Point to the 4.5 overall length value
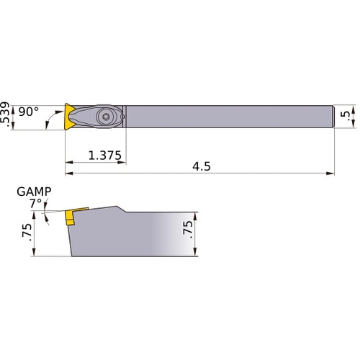(x=201, y=166)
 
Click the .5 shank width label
(x=349, y=115)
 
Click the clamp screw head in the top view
(x=107, y=115)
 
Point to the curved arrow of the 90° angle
(x=50, y=117)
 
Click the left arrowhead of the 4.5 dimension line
(x=69, y=174)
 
